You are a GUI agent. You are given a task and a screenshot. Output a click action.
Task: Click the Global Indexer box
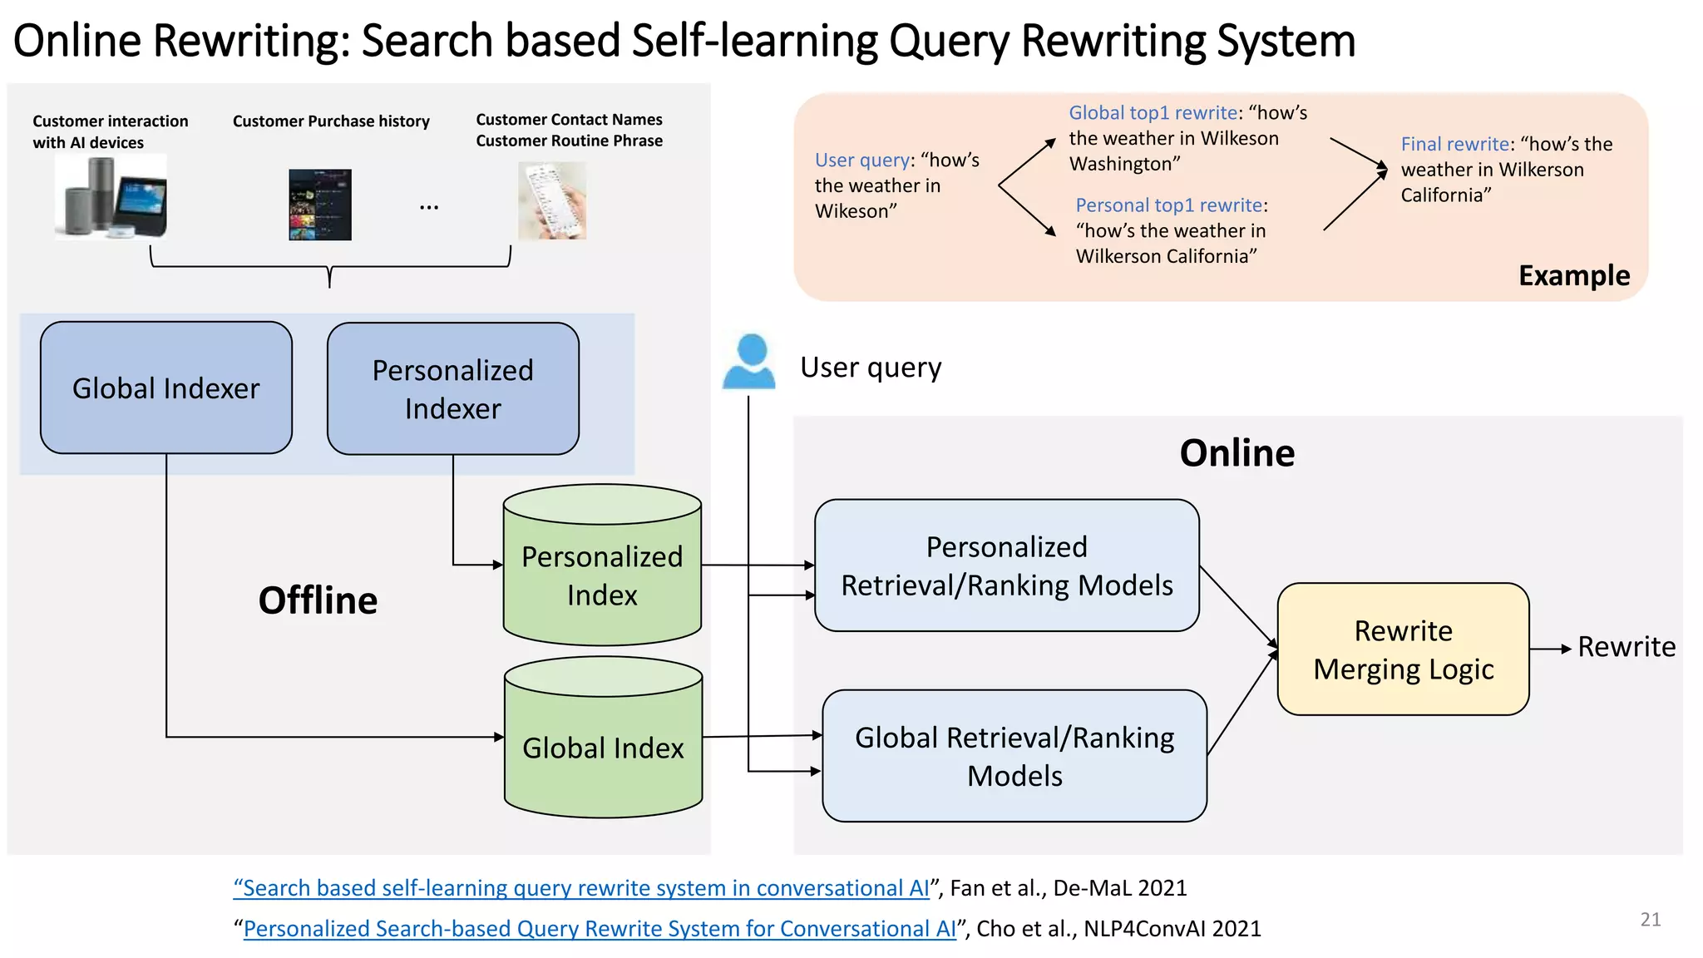click(x=166, y=388)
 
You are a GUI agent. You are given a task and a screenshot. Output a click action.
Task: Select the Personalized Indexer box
click(x=453, y=388)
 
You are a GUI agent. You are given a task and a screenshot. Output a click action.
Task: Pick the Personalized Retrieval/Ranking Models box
click(x=1007, y=565)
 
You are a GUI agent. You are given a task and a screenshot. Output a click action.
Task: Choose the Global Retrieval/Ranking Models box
click(x=1014, y=756)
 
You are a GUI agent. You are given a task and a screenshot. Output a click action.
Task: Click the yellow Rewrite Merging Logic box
click(x=1404, y=649)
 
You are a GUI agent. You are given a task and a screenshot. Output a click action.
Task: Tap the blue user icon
click(x=749, y=362)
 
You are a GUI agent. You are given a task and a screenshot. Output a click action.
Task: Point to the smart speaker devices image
click(x=111, y=198)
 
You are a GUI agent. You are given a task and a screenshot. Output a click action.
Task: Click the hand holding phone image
click(x=552, y=200)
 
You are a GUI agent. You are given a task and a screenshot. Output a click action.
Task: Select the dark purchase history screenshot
click(x=320, y=205)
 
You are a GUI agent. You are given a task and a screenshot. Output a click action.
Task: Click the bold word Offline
click(x=318, y=600)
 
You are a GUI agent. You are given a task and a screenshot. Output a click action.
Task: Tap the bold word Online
click(x=1237, y=453)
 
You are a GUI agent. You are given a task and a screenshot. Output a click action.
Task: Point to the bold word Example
click(x=1574, y=275)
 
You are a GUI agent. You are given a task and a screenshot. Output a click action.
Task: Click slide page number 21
click(x=1651, y=919)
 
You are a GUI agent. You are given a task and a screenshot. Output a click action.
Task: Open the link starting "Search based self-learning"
click(x=582, y=888)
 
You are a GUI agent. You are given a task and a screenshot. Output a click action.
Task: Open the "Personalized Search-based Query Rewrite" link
click(x=600, y=928)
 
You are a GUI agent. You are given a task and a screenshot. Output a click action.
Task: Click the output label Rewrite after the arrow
click(x=1626, y=647)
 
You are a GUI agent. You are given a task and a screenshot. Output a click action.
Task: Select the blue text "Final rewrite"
click(x=1454, y=144)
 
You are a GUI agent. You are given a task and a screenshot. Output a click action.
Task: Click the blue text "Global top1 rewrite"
click(x=1153, y=112)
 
